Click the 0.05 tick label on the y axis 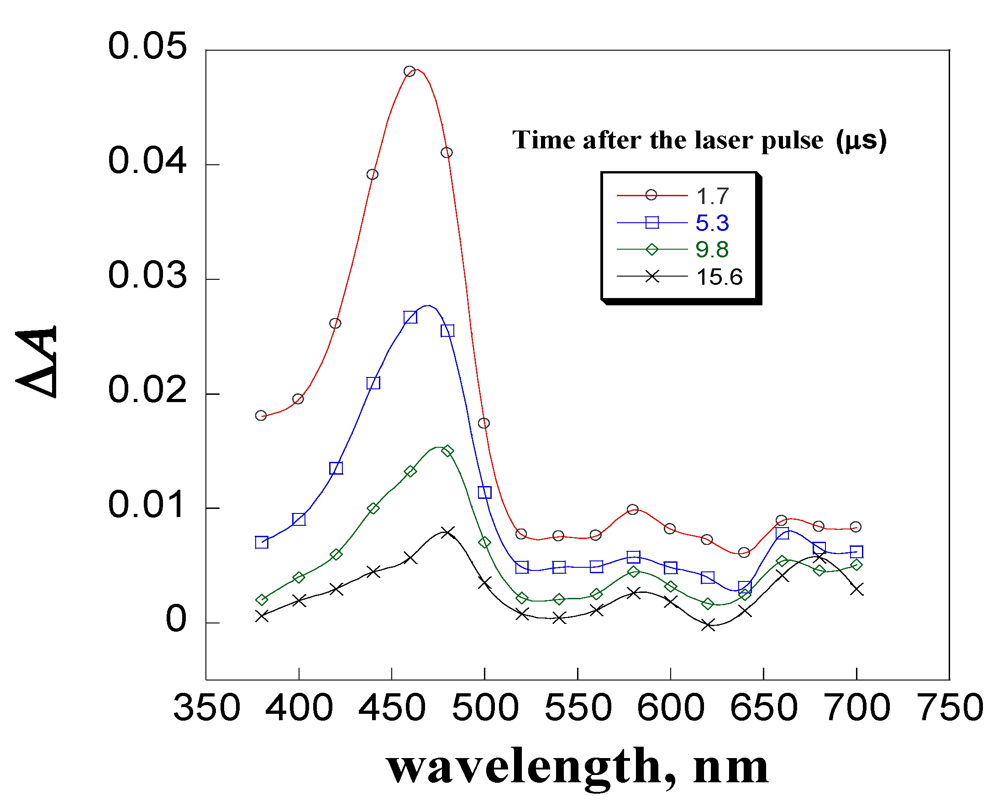(x=147, y=47)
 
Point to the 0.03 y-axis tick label (x=147, y=275)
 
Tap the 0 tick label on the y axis (x=176, y=619)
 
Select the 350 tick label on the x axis (x=207, y=707)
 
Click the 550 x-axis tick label (x=578, y=707)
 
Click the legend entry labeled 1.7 (x=712, y=196)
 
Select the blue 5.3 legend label (x=712, y=223)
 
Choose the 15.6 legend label (x=720, y=277)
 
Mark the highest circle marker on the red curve (x=409, y=72)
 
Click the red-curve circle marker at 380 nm (x=261, y=415)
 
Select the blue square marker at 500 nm (x=484, y=492)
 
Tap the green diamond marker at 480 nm (x=447, y=451)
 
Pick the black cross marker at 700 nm (x=857, y=590)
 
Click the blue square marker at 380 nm (x=262, y=542)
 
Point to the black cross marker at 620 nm (x=708, y=625)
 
